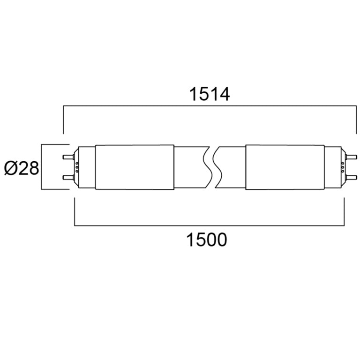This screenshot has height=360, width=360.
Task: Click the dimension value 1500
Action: tap(207, 240)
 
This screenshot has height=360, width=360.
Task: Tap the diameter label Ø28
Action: tap(22, 168)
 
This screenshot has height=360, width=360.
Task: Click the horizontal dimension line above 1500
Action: tap(210, 226)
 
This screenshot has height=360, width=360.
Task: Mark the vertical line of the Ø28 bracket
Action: tap(42, 167)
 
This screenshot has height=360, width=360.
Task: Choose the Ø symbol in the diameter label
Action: tap(10, 168)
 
